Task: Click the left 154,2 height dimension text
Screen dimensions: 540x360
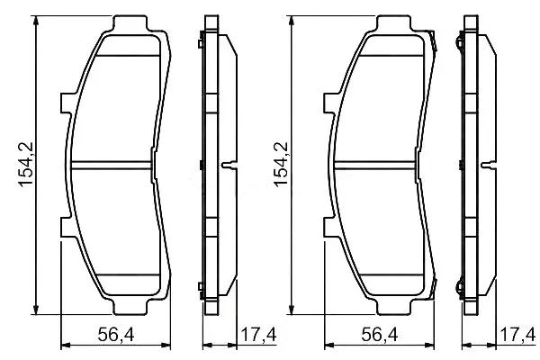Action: point(26,165)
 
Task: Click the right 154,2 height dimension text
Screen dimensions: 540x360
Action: point(281,165)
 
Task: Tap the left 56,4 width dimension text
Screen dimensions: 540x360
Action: point(116,335)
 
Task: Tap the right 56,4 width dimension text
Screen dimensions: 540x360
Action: point(380,335)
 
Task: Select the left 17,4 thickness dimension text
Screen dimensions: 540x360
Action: point(258,335)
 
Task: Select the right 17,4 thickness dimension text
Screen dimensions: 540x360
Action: point(517,335)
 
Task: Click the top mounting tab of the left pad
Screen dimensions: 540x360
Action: point(130,22)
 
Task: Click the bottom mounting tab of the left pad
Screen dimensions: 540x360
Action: point(130,307)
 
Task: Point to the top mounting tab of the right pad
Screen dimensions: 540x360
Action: point(393,22)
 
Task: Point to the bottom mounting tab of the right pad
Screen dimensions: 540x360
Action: point(393,307)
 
